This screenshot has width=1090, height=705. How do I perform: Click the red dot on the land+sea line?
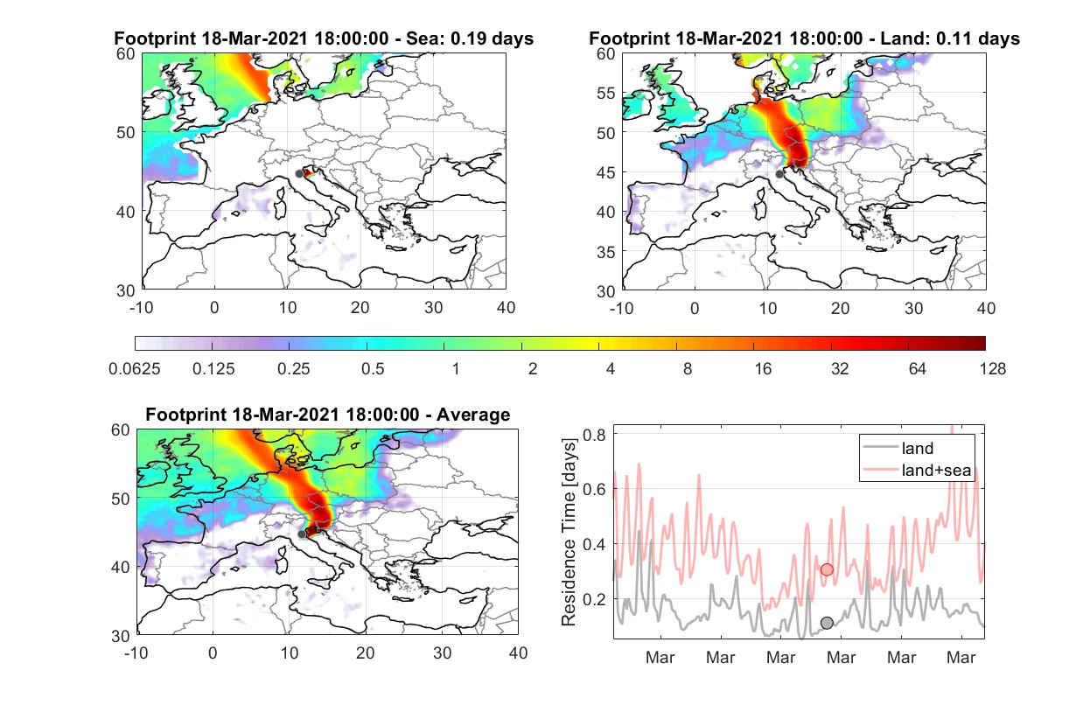827,569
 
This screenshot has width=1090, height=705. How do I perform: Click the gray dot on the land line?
827,622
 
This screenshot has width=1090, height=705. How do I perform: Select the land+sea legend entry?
918,470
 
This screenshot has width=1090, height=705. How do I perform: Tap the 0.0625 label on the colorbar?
135,369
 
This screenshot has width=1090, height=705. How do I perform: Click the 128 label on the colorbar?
993,369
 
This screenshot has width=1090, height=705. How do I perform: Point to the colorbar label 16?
763,369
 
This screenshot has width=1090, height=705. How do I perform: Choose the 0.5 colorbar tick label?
373,369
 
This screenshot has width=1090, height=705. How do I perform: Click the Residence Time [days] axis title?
569,533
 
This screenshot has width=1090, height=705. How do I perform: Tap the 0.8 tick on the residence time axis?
594,435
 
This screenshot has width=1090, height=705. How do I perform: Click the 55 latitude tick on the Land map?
606,93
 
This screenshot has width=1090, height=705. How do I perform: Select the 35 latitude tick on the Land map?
606,252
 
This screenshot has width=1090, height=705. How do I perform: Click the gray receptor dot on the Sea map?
299,174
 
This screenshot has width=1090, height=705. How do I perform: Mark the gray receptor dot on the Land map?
779,174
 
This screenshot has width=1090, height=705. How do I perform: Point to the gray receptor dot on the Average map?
302,534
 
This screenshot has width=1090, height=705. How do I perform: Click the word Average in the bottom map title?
473,415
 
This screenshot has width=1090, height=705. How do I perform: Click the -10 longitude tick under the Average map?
136,653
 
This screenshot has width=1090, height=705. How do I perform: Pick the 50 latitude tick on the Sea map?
126,132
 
